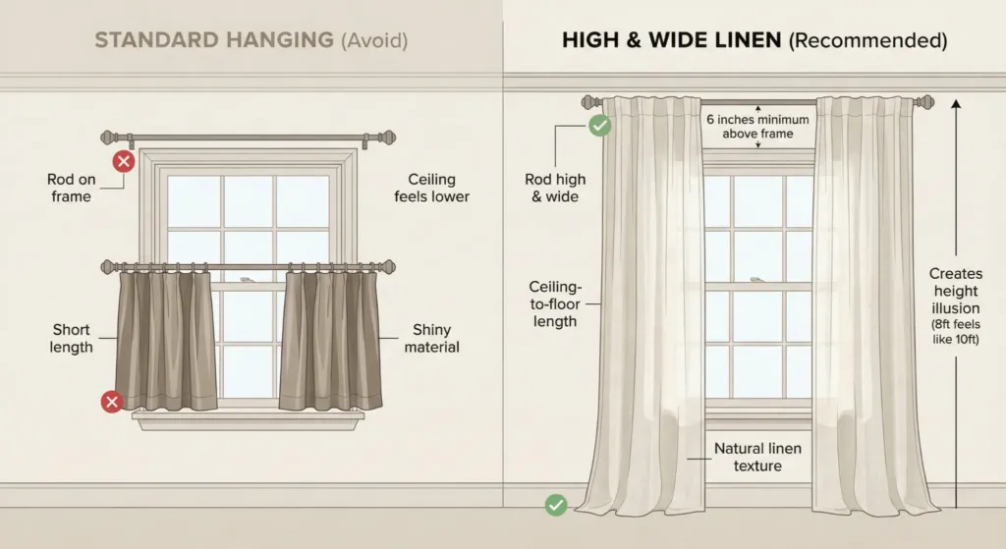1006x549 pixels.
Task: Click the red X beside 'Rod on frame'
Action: point(123,162)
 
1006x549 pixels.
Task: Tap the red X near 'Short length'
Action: point(111,401)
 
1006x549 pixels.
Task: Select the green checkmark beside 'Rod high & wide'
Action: point(599,125)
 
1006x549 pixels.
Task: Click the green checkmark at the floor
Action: point(556,505)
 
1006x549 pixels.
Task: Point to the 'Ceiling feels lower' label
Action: point(431,188)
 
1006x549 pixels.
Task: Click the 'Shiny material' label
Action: point(431,338)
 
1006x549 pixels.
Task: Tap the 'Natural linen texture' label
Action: point(757,457)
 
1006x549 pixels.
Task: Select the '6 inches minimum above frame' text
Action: point(758,126)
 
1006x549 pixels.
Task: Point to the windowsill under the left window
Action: point(248,419)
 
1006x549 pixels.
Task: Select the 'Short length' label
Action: point(73,338)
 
